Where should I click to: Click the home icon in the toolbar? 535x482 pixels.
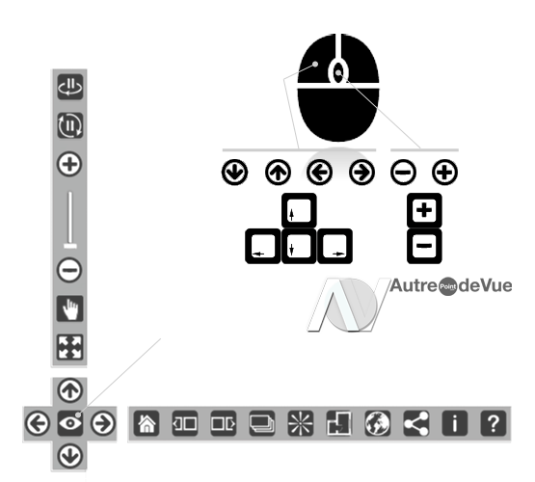pyautogui.click(x=147, y=423)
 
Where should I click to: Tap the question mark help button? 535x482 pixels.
pyautogui.click(x=493, y=423)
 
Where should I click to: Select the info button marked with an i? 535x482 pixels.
pyautogui.click(x=454, y=423)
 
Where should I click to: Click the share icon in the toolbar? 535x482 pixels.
pyautogui.click(x=415, y=423)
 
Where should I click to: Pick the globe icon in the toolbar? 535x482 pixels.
pyautogui.click(x=377, y=423)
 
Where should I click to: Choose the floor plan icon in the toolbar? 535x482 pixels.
pyautogui.click(x=338, y=423)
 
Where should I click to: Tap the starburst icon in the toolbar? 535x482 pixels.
pyautogui.click(x=300, y=423)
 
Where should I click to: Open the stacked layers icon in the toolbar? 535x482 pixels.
pyautogui.click(x=261, y=423)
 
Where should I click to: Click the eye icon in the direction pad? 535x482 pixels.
pyautogui.click(x=70, y=423)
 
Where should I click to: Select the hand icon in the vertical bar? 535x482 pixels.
pyautogui.click(x=70, y=308)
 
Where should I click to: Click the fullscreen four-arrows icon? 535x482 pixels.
pyautogui.click(x=70, y=348)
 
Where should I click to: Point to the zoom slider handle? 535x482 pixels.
pyautogui.click(x=70, y=246)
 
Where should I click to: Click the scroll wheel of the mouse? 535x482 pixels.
pyautogui.click(x=338, y=72)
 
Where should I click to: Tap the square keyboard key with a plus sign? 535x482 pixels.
pyautogui.click(x=424, y=210)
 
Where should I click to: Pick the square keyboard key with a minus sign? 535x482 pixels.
pyautogui.click(x=424, y=246)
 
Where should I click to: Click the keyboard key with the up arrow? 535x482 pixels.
pyautogui.click(x=299, y=210)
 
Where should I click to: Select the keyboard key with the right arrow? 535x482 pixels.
pyautogui.click(x=334, y=246)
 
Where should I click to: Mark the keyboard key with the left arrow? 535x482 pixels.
pyautogui.click(x=263, y=246)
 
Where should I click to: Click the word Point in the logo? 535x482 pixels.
pyautogui.click(x=447, y=286)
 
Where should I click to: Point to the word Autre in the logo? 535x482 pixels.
pyautogui.click(x=414, y=285)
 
